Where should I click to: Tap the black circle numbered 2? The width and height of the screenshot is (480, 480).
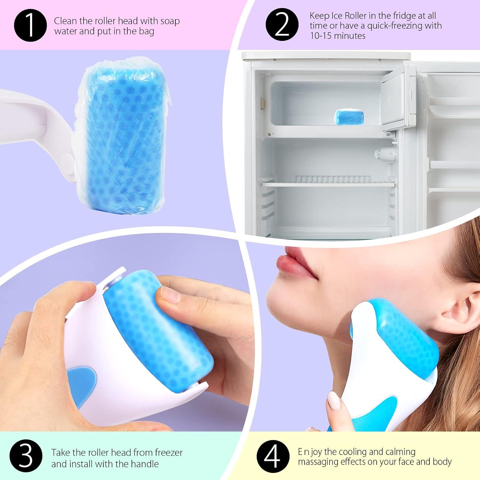282,25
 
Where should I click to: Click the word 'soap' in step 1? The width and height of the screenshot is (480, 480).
168,21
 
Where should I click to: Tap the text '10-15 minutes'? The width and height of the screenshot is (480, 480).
338,36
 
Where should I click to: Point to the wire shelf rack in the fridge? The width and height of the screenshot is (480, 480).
330,180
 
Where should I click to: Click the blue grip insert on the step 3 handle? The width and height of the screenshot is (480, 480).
82,379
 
